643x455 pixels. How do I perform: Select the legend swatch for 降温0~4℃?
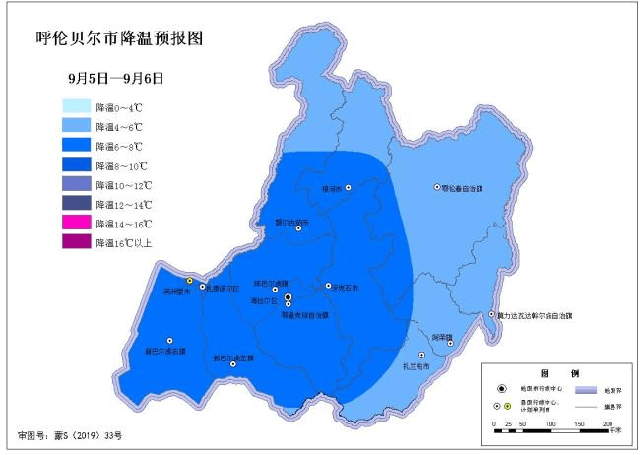[76, 105]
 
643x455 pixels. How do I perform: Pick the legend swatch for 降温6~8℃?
[76, 145]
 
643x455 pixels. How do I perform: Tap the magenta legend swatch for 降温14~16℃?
[76, 224]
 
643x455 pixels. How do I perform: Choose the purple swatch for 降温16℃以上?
[76, 242]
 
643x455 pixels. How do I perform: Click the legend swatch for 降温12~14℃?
[76, 204]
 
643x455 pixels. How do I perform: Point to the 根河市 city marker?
[348, 188]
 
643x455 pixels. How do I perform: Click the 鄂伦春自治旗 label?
[467, 187]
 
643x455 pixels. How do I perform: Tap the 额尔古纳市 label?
[291, 222]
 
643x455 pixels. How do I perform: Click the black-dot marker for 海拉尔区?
[288, 296]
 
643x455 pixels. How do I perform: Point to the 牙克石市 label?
[331, 288]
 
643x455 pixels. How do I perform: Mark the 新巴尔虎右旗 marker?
[169, 341]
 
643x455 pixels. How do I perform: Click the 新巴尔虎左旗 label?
[233, 357]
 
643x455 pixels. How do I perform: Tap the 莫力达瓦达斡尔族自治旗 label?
[535, 315]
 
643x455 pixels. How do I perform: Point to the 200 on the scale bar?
[607, 422]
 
